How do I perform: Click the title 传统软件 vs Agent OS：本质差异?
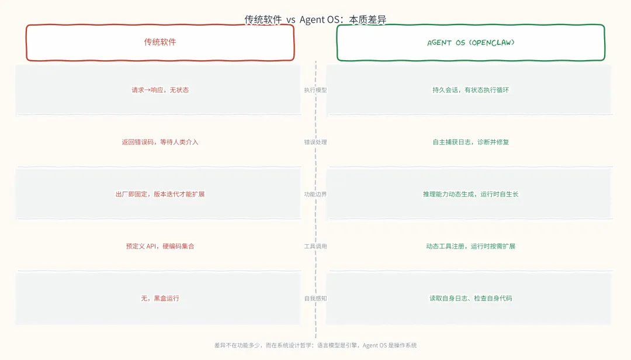315,20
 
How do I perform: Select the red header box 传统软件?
160,43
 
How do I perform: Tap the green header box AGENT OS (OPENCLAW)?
471,43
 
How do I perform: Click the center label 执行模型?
315,90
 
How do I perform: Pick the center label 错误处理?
315,142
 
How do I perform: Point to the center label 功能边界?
315,194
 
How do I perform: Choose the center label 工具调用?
315,246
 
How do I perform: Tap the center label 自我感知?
315,298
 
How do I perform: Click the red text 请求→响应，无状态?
160,90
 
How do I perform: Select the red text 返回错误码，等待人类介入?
160,142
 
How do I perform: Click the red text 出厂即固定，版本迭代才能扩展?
160,194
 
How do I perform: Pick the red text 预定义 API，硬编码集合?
160,246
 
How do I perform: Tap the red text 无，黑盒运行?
160,298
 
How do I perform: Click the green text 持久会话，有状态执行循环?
471,90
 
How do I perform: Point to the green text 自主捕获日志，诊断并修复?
471,142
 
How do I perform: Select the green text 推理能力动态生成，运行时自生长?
471,194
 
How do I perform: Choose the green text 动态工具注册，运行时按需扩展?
471,246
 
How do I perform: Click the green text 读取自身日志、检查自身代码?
471,298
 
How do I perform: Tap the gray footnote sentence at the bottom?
315,345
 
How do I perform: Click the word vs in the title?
291,20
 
